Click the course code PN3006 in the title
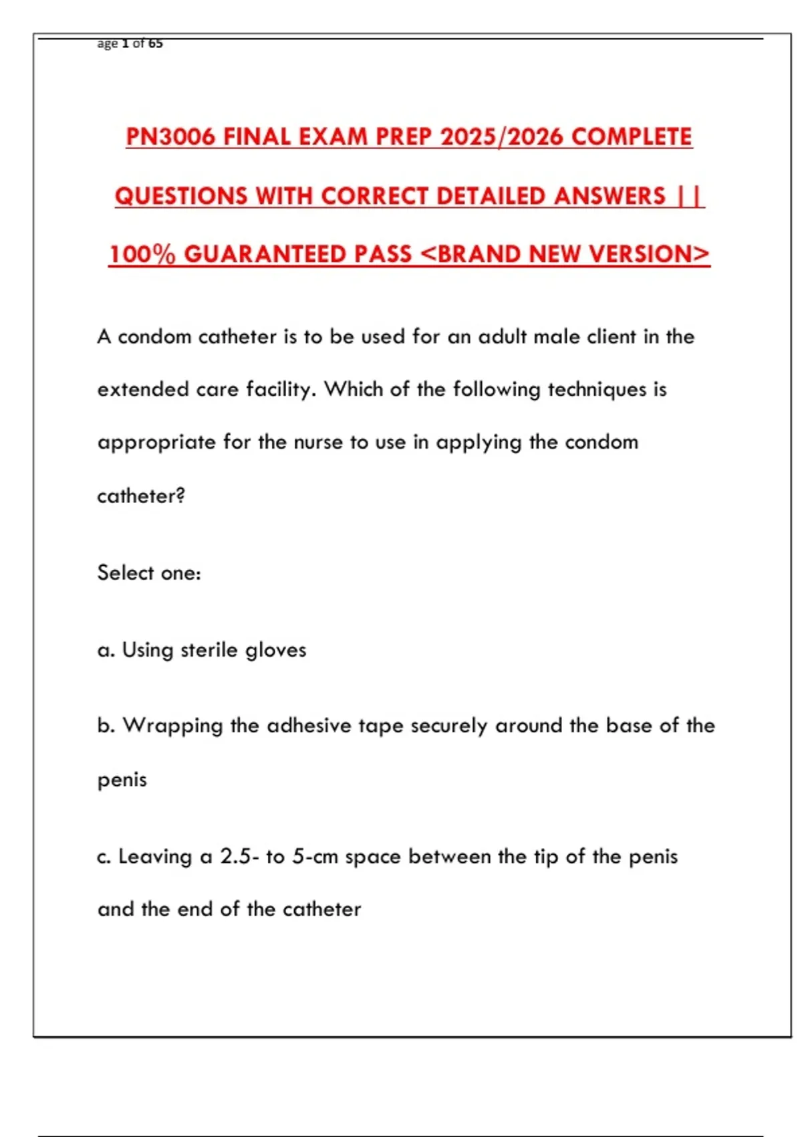pos(170,137)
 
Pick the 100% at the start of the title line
pos(142,254)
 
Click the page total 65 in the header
pos(155,43)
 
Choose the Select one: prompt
pos(149,573)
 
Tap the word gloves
pos(275,649)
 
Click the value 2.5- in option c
pos(239,857)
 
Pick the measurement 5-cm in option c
pos(315,857)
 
